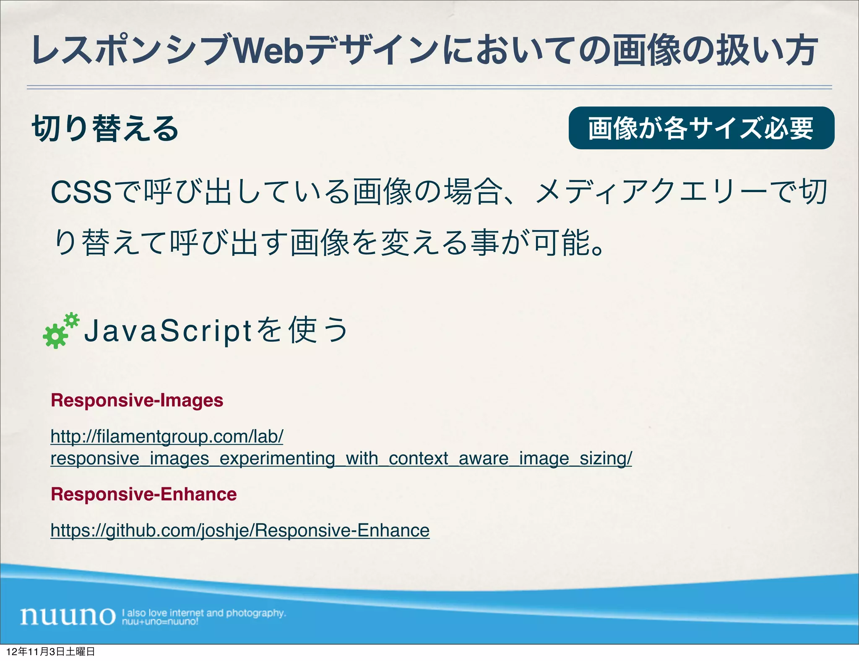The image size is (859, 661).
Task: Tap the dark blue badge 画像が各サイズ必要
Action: (x=701, y=128)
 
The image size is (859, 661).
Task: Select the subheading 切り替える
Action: (x=105, y=128)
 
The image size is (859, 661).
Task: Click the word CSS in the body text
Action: (x=81, y=193)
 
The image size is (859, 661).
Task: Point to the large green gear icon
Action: (x=55, y=336)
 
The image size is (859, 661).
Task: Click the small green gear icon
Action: (x=72, y=320)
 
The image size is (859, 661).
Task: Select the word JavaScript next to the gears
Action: (x=168, y=330)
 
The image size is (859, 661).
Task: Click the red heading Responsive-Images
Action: (x=137, y=400)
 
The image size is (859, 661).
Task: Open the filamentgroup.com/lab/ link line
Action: (x=167, y=437)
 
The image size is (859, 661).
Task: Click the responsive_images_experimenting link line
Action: (x=341, y=458)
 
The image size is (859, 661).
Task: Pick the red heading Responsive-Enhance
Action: (x=143, y=494)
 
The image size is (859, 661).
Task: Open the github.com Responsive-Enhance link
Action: (x=240, y=531)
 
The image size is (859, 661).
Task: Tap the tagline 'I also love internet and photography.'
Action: (x=204, y=613)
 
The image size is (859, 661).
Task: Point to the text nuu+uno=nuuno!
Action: (x=160, y=622)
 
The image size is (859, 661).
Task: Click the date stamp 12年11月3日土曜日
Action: (x=51, y=651)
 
